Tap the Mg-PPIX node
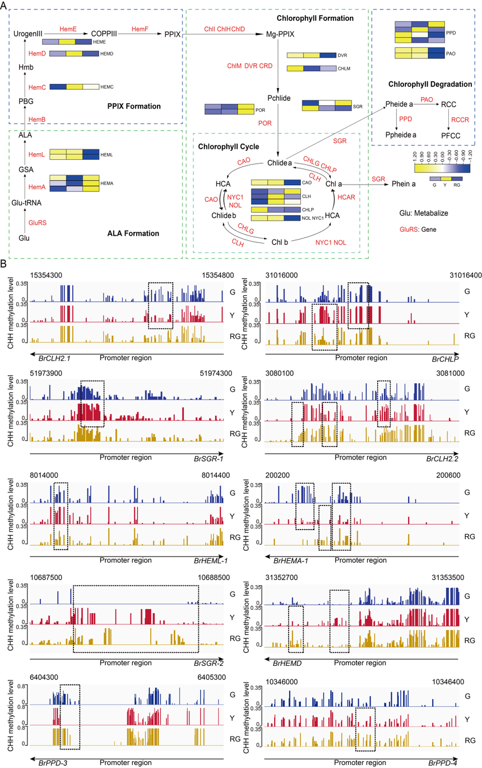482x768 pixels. tap(281, 34)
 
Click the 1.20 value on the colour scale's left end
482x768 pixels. tap(414, 153)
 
